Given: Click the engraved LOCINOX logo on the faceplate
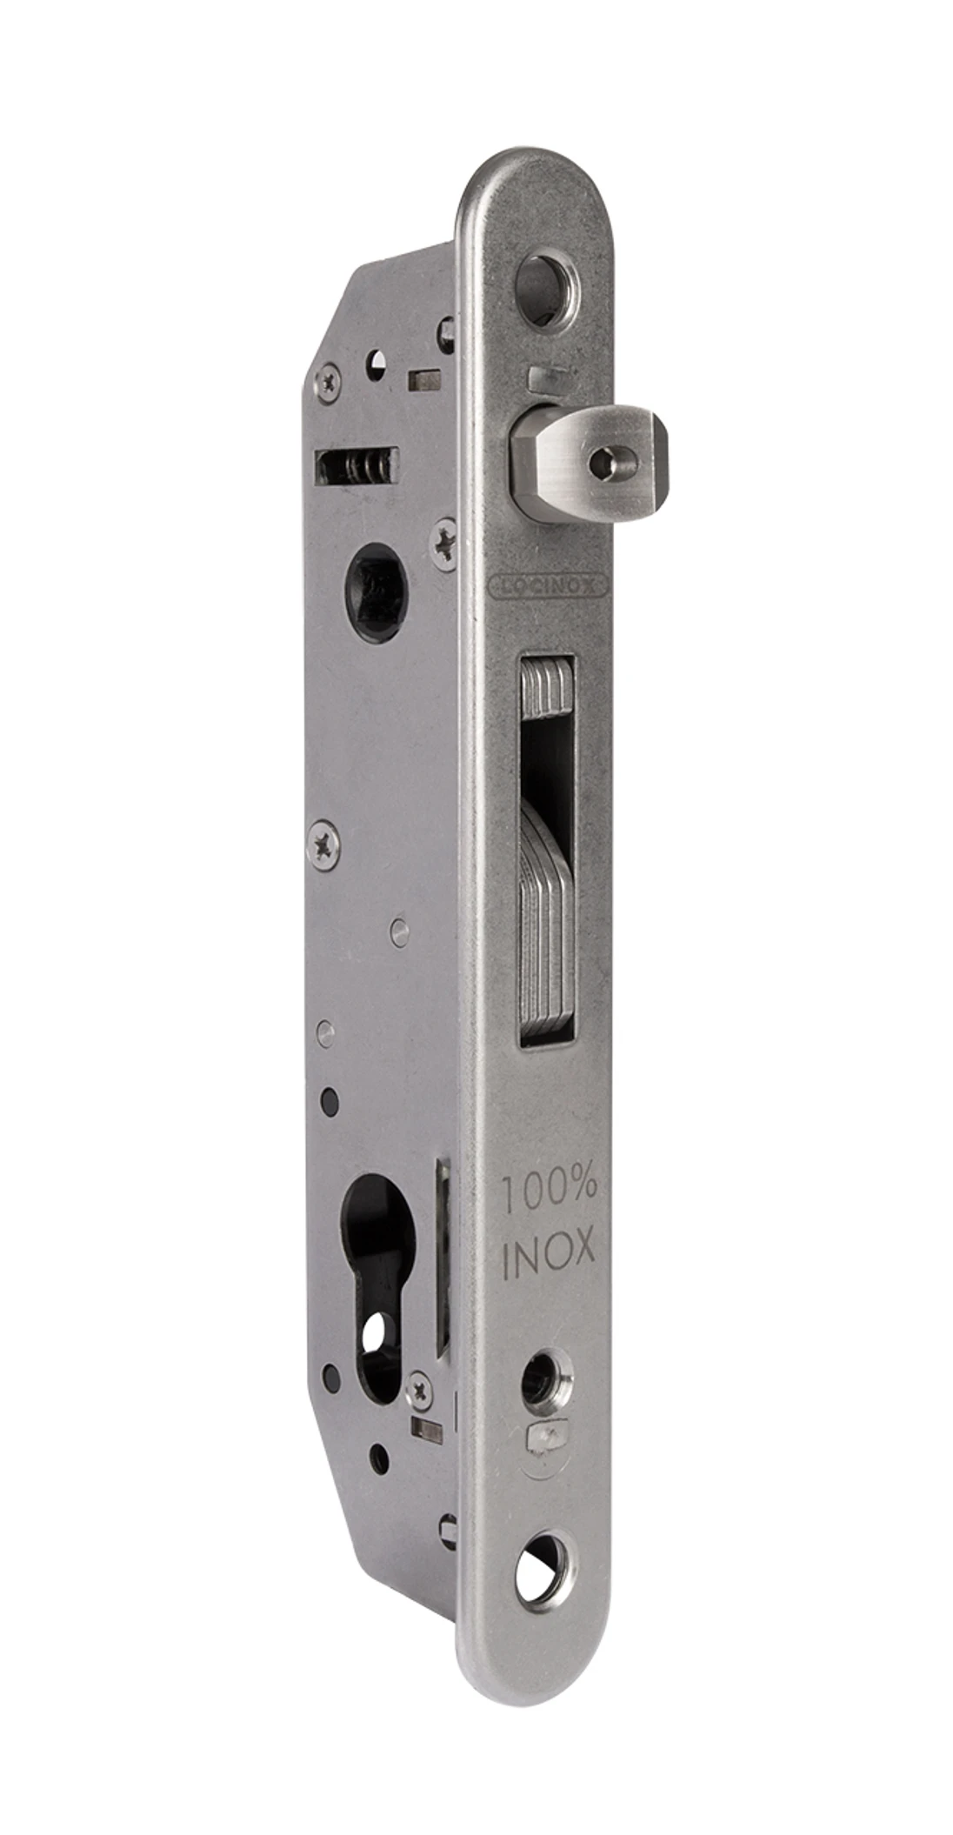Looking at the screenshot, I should pos(549,586).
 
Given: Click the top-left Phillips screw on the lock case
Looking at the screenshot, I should pos(329,380).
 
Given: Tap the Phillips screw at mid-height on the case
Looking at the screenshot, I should pos(324,841).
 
